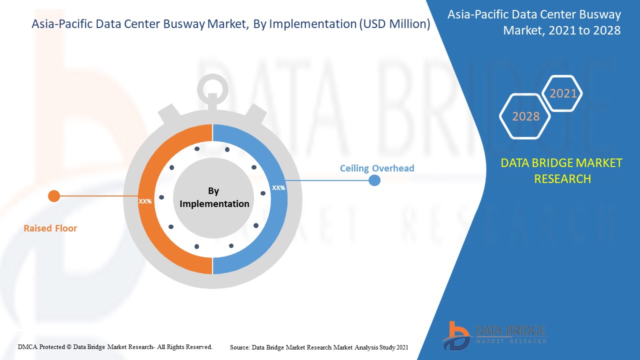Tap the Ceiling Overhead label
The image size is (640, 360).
coord(377,168)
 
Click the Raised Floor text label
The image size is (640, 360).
coord(50,228)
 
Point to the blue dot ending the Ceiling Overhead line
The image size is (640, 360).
coord(374,180)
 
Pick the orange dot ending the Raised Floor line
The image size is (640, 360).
coord(54,196)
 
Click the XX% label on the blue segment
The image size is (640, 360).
coord(278,188)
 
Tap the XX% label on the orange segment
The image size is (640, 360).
coord(145,201)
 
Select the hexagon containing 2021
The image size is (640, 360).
coord(563,93)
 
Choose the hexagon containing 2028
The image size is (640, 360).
coord(525,116)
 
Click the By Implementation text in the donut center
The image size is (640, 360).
coord(214,197)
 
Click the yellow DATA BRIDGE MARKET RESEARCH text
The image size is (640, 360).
coord(562,171)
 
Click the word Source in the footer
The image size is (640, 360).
coord(239,347)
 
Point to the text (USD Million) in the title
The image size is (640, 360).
coord(394,24)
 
